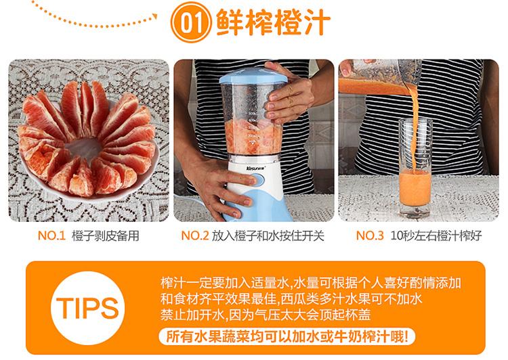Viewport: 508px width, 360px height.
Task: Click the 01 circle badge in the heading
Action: pos(191,22)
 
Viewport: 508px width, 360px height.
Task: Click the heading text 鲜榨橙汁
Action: pos(273,22)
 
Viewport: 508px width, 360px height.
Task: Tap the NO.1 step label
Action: pos(51,235)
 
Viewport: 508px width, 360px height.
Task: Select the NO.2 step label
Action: pos(194,235)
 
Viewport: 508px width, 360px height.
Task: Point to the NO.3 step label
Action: pos(370,235)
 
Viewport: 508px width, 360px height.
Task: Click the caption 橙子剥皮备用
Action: pos(105,235)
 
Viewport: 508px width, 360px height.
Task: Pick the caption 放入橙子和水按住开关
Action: pos(268,235)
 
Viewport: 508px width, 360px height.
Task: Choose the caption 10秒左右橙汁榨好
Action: pos(436,235)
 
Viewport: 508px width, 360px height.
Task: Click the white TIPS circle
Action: pos(88,308)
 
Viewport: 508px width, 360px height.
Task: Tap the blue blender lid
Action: pos(253,76)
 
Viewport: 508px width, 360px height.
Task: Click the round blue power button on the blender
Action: pos(257,180)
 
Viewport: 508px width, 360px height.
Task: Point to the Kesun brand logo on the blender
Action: pos(255,168)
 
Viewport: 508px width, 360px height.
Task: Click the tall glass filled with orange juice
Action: pos(415,168)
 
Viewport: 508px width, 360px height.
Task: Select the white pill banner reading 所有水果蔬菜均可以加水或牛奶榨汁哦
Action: pos(287,336)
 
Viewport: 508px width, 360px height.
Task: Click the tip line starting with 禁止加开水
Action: pos(266,315)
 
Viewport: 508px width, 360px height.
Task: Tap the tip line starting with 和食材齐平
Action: pos(291,298)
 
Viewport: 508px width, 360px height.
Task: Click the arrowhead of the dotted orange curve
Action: pos(155,16)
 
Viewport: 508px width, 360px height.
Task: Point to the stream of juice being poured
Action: pos(413,127)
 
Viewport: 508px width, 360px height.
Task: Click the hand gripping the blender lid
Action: pos(290,92)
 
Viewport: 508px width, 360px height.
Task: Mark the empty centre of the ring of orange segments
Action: pos(85,148)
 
